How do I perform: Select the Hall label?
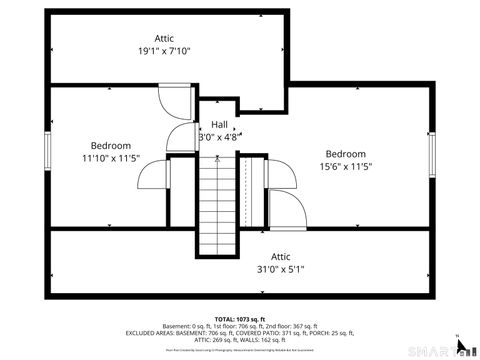click(219, 124)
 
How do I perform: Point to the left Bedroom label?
click(110, 145)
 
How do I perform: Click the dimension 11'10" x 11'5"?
click(110, 158)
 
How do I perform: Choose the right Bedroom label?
click(345, 154)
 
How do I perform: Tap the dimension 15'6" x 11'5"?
click(345, 167)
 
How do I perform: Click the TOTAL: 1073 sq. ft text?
click(239, 316)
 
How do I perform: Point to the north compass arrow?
click(458, 344)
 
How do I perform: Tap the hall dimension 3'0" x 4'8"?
click(219, 137)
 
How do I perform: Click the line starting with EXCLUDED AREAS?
click(239, 333)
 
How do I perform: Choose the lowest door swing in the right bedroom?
click(286, 210)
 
